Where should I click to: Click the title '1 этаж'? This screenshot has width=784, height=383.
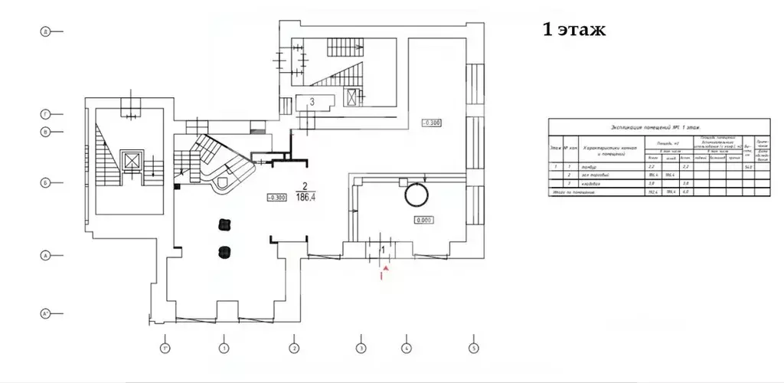573,31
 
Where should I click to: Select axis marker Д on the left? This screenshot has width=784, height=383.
46,31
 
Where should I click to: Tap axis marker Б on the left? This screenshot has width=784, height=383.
46,183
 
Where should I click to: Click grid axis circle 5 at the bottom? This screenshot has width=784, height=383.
474,349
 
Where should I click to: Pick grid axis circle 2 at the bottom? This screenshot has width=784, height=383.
293,349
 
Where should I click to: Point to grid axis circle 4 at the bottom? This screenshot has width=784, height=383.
407,349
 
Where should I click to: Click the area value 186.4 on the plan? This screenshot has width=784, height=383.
305,196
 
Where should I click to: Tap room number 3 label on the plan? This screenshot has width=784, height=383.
312,101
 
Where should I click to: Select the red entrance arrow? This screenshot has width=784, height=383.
385,270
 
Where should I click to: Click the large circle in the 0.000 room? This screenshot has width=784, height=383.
418,196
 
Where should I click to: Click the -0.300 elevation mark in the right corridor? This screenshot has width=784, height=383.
432,123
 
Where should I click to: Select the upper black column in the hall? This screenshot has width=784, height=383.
224,224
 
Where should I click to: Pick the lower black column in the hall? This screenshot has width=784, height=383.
224,251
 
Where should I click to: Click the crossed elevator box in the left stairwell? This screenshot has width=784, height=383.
131,162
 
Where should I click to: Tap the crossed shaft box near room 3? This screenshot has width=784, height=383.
352,97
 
